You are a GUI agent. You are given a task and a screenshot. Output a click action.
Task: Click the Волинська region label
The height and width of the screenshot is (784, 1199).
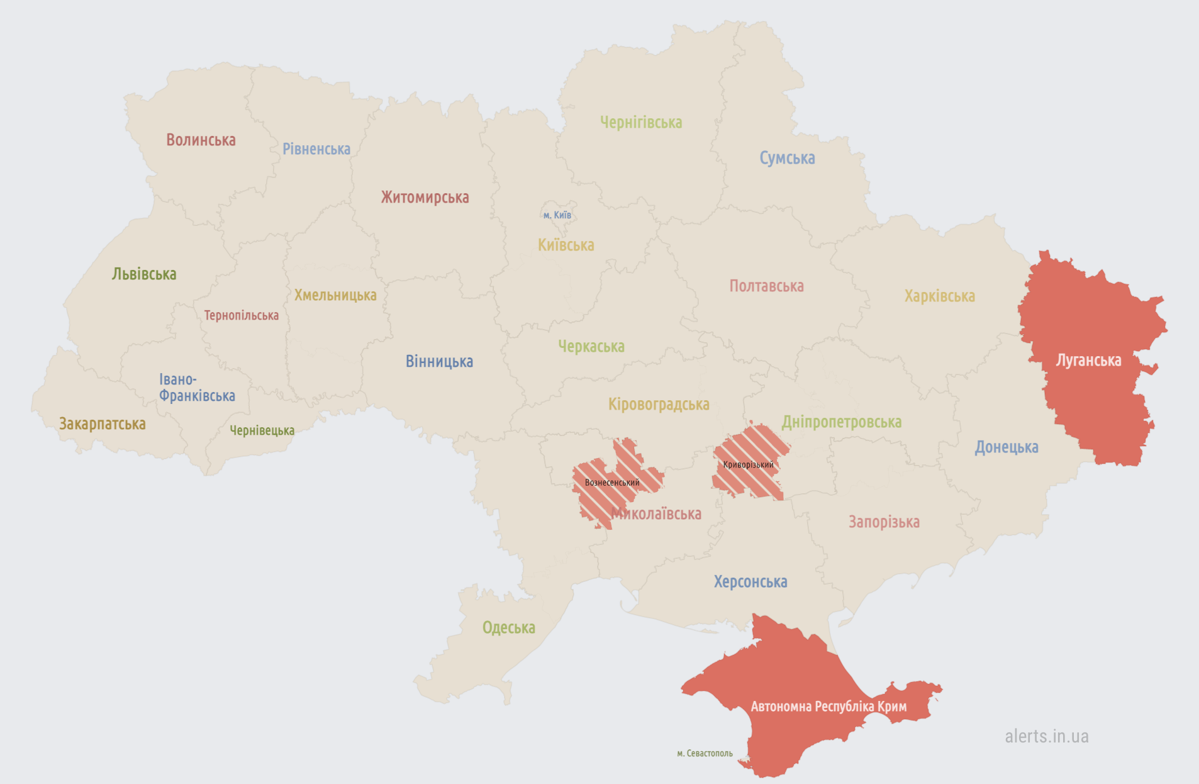click(201, 140)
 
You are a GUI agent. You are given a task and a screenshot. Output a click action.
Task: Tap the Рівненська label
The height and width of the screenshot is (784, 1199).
click(316, 149)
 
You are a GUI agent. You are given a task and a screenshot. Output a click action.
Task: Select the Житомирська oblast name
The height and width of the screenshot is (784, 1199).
click(425, 197)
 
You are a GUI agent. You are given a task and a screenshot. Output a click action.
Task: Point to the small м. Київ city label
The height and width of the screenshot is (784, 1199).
click(557, 215)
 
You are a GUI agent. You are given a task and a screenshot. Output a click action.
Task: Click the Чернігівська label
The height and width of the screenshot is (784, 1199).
click(640, 122)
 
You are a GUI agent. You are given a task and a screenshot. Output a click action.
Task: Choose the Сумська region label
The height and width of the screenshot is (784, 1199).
click(786, 158)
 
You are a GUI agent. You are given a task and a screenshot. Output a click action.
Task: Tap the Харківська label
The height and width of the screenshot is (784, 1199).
click(939, 296)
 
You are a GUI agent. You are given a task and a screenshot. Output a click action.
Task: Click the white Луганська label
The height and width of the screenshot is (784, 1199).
click(1088, 360)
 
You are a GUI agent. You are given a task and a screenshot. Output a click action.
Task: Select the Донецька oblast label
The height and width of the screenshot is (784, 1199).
click(1006, 447)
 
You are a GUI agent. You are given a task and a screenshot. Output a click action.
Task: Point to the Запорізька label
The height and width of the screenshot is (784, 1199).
click(883, 522)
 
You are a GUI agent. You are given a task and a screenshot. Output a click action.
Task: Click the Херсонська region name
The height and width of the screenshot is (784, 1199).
click(750, 581)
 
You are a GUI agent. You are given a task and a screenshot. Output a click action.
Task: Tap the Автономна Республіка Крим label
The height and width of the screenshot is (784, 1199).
click(828, 706)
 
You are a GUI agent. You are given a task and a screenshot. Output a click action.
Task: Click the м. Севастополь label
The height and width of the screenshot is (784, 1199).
click(705, 753)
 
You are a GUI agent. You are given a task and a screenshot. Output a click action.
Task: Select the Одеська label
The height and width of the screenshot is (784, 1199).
click(508, 627)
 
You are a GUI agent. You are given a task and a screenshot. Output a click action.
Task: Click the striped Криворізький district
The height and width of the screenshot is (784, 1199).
click(749, 464)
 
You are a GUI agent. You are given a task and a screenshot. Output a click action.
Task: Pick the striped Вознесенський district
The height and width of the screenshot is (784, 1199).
click(611, 483)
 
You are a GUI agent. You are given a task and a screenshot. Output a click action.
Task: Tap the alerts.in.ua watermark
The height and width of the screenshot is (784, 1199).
click(1046, 736)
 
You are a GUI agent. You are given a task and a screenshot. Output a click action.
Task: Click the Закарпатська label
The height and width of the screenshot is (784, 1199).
click(102, 423)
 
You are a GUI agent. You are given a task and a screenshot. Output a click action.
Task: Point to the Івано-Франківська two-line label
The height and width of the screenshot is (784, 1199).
click(196, 388)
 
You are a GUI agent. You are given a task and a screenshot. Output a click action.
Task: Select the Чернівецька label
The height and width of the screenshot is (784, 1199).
click(262, 430)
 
